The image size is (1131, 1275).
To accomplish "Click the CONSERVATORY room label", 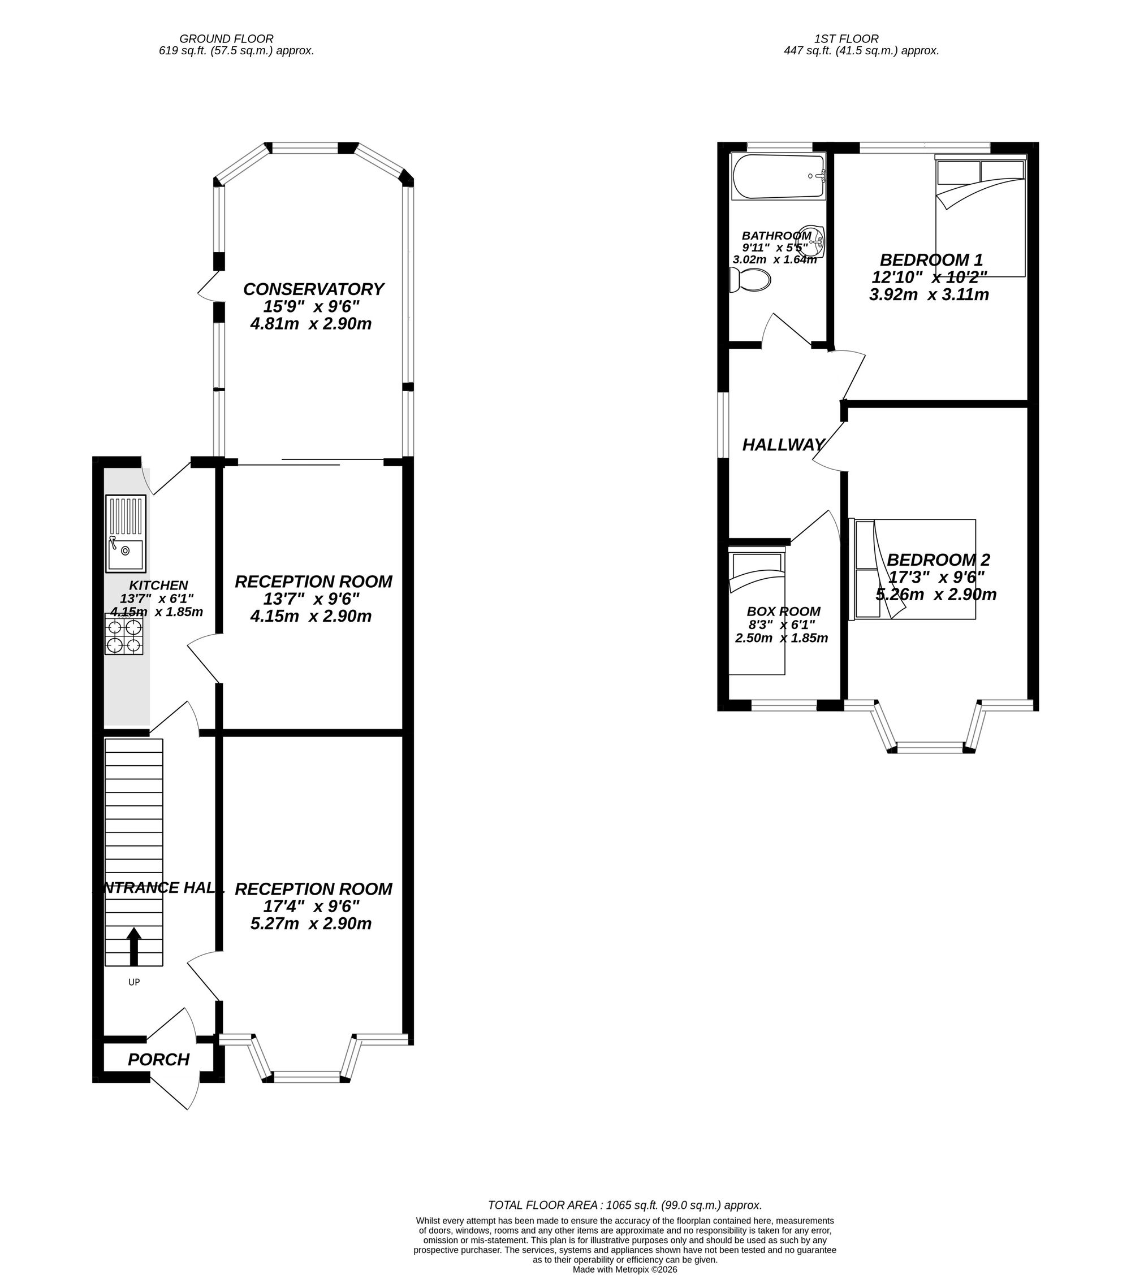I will (x=313, y=289).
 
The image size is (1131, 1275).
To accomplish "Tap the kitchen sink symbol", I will (x=126, y=534).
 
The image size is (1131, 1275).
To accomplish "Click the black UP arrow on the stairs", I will (x=133, y=946).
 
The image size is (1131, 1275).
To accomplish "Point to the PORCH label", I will (x=158, y=1060).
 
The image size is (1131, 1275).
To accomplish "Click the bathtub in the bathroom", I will (x=778, y=176).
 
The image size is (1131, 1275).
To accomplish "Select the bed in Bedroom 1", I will (x=980, y=218).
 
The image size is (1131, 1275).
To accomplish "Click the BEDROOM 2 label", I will (x=938, y=560).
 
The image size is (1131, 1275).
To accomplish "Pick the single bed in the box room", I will (x=757, y=613).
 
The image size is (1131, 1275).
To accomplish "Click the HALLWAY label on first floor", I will (x=783, y=445).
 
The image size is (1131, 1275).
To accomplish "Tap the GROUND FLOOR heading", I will (x=227, y=38).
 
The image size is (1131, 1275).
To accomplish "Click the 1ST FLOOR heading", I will (x=846, y=38).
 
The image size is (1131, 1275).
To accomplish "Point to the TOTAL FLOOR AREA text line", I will (x=625, y=1205).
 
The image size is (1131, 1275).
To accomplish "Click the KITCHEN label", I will (x=158, y=585).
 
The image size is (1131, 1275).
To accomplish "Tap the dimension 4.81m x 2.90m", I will (x=311, y=324).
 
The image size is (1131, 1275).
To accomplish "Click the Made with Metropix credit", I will (x=625, y=1269).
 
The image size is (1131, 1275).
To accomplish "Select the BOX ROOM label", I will (x=783, y=612).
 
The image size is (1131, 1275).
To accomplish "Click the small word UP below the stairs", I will (x=133, y=982).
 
